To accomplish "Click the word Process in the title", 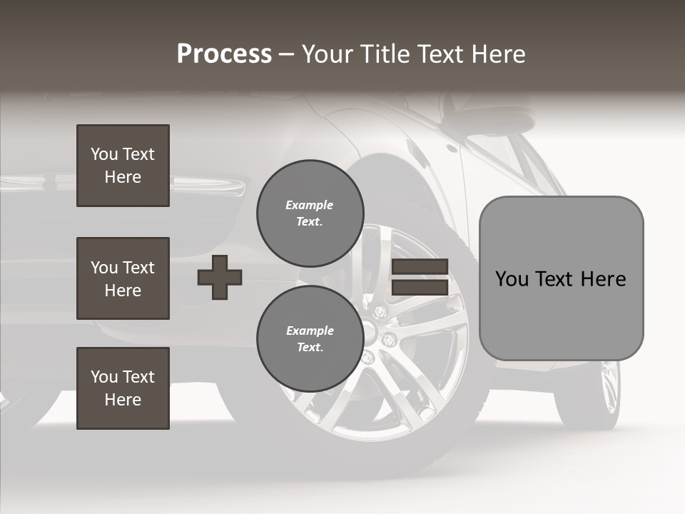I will (224, 54).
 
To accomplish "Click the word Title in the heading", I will (385, 54).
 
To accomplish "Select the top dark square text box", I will (123, 166).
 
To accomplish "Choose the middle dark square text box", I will (123, 278).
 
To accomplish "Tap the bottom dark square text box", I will (123, 388).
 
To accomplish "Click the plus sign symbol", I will (220, 277).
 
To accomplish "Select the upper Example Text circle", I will (310, 213).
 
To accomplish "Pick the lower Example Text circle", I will (310, 339).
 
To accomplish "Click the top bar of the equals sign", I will (420, 267).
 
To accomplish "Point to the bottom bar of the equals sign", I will (420, 288).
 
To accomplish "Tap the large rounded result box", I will (561, 278).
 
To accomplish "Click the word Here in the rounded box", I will (604, 278).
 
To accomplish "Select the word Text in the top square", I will (138, 154).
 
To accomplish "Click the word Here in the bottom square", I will (123, 400).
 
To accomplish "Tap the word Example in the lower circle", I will (310, 331).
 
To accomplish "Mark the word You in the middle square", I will (104, 268).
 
